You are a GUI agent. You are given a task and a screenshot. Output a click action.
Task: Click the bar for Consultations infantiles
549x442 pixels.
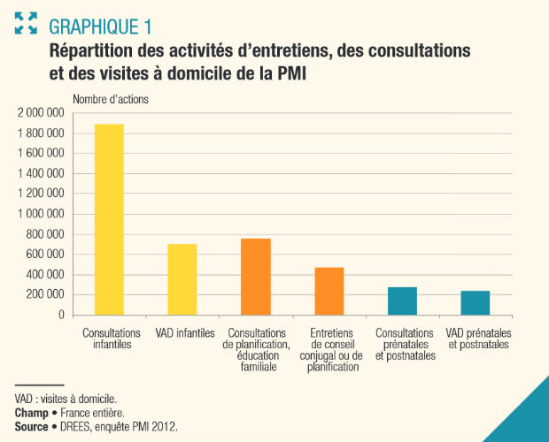109,219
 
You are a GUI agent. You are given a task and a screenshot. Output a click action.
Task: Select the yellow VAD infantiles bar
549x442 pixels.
182,278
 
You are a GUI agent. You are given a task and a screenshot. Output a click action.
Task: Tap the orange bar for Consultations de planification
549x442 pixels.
256,276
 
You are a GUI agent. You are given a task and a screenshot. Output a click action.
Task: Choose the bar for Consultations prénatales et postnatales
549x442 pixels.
402,301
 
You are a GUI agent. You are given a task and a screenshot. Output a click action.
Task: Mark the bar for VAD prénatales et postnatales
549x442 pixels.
476,302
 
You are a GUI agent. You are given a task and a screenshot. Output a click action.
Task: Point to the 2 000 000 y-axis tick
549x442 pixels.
40,113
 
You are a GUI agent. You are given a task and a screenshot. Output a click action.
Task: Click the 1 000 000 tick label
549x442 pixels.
40,214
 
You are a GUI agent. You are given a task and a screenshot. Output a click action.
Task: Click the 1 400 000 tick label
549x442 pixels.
40,173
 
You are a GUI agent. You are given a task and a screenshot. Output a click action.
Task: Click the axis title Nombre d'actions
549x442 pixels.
111,99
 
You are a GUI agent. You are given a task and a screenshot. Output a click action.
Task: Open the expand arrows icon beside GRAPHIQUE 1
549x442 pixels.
26,23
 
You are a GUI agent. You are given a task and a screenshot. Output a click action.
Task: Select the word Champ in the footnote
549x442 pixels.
31,413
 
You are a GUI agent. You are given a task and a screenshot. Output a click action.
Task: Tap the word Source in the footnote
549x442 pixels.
32,427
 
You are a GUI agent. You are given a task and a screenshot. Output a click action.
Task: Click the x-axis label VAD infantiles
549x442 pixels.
182,333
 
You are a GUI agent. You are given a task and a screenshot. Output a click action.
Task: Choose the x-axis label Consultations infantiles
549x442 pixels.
109,339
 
